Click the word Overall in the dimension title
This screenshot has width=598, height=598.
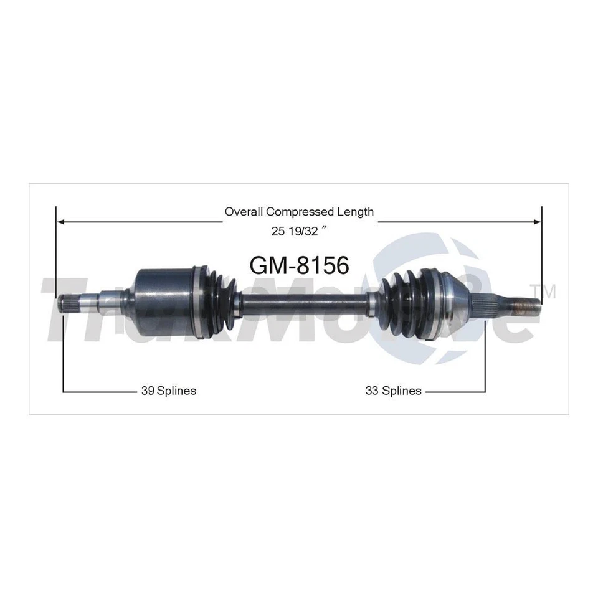click(x=242, y=212)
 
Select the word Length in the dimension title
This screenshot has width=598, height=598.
click(x=356, y=212)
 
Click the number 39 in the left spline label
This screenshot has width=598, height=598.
click(x=148, y=391)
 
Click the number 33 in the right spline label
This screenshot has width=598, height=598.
click(x=372, y=391)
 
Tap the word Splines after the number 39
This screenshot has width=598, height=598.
click(x=177, y=391)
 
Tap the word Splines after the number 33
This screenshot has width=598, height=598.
click(x=402, y=391)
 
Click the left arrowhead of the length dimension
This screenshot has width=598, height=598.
click(x=60, y=221)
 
